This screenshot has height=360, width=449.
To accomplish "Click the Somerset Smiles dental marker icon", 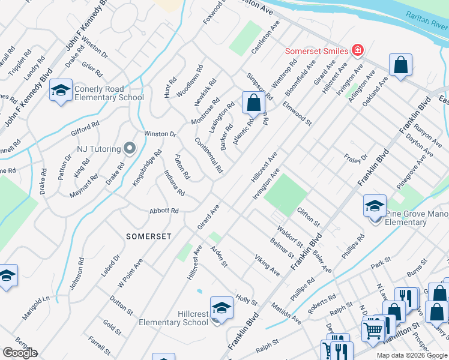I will pyautogui.click(x=358, y=50).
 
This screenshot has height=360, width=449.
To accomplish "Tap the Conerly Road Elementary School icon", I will pyautogui.click(x=61, y=90).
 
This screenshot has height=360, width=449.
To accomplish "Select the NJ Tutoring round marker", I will pyautogui.click(x=129, y=148).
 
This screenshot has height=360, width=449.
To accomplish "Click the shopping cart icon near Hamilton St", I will pyautogui.click(x=373, y=330).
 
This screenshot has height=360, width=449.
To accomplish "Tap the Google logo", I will pyautogui.click(x=20, y=353).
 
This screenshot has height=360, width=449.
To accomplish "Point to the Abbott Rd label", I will pyautogui.click(x=164, y=211).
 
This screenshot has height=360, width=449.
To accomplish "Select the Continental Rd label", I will pyautogui.click(x=208, y=155).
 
